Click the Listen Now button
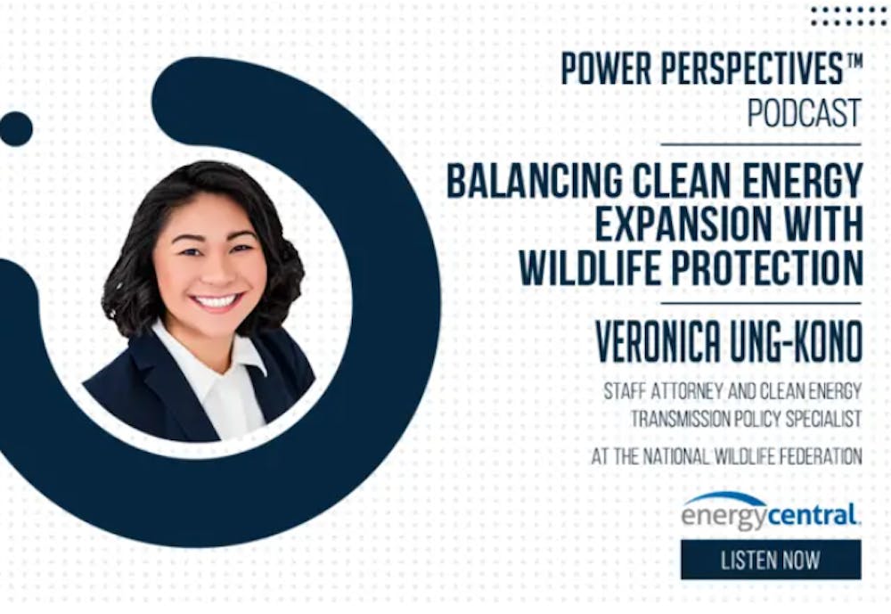pos(771,560)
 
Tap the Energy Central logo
pos(771,512)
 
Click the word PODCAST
pos(804,113)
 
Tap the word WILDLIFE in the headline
pos(591,267)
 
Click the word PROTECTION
pos(767,267)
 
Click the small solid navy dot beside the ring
pos(15,128)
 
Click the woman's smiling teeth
pos(217,300)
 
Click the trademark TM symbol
pos(854,59)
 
